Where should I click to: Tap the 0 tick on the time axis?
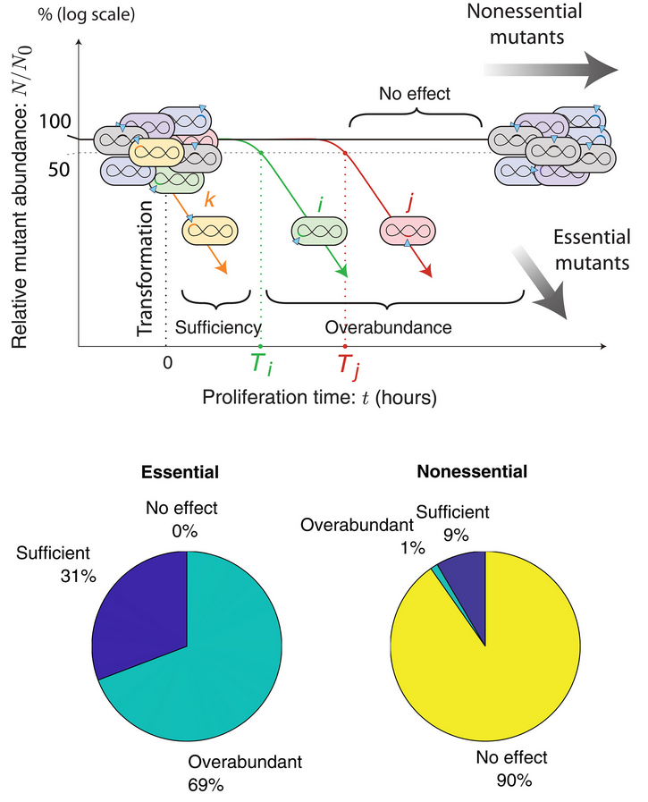coord(166,364)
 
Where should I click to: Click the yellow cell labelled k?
coord(213,230)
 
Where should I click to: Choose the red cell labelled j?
coord(407,231)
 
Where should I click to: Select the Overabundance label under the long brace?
coord(388,327)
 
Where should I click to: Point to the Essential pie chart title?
coord(185,471)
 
